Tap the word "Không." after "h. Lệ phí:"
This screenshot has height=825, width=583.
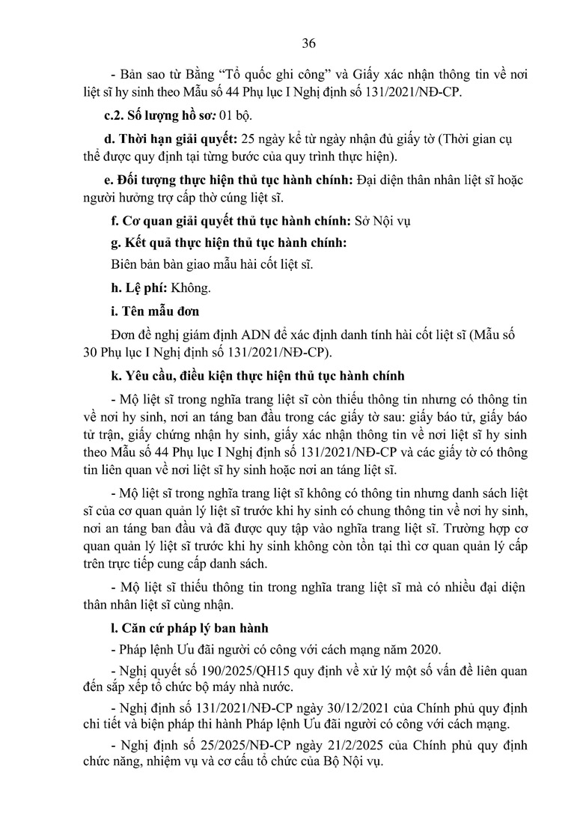tap(192, 287)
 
